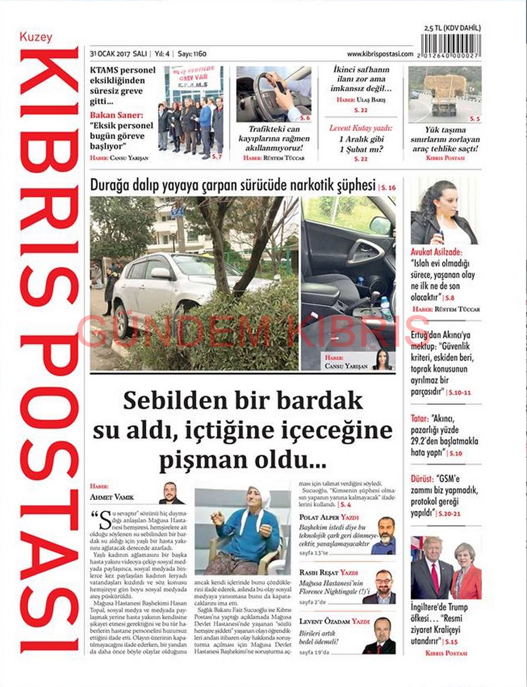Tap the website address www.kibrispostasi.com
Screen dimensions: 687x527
(379, 54)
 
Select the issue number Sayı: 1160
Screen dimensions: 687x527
(192, 54)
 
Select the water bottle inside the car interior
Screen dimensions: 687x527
(386, 307)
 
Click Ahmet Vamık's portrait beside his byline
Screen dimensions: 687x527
(171, 494)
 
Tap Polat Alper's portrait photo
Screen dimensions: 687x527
(385, 535)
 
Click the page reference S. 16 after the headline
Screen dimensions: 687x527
(388, 187)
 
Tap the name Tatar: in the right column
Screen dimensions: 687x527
(419, 418)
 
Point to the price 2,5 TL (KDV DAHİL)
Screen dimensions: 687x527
(452, 28)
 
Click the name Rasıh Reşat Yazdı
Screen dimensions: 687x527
(328, 572)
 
